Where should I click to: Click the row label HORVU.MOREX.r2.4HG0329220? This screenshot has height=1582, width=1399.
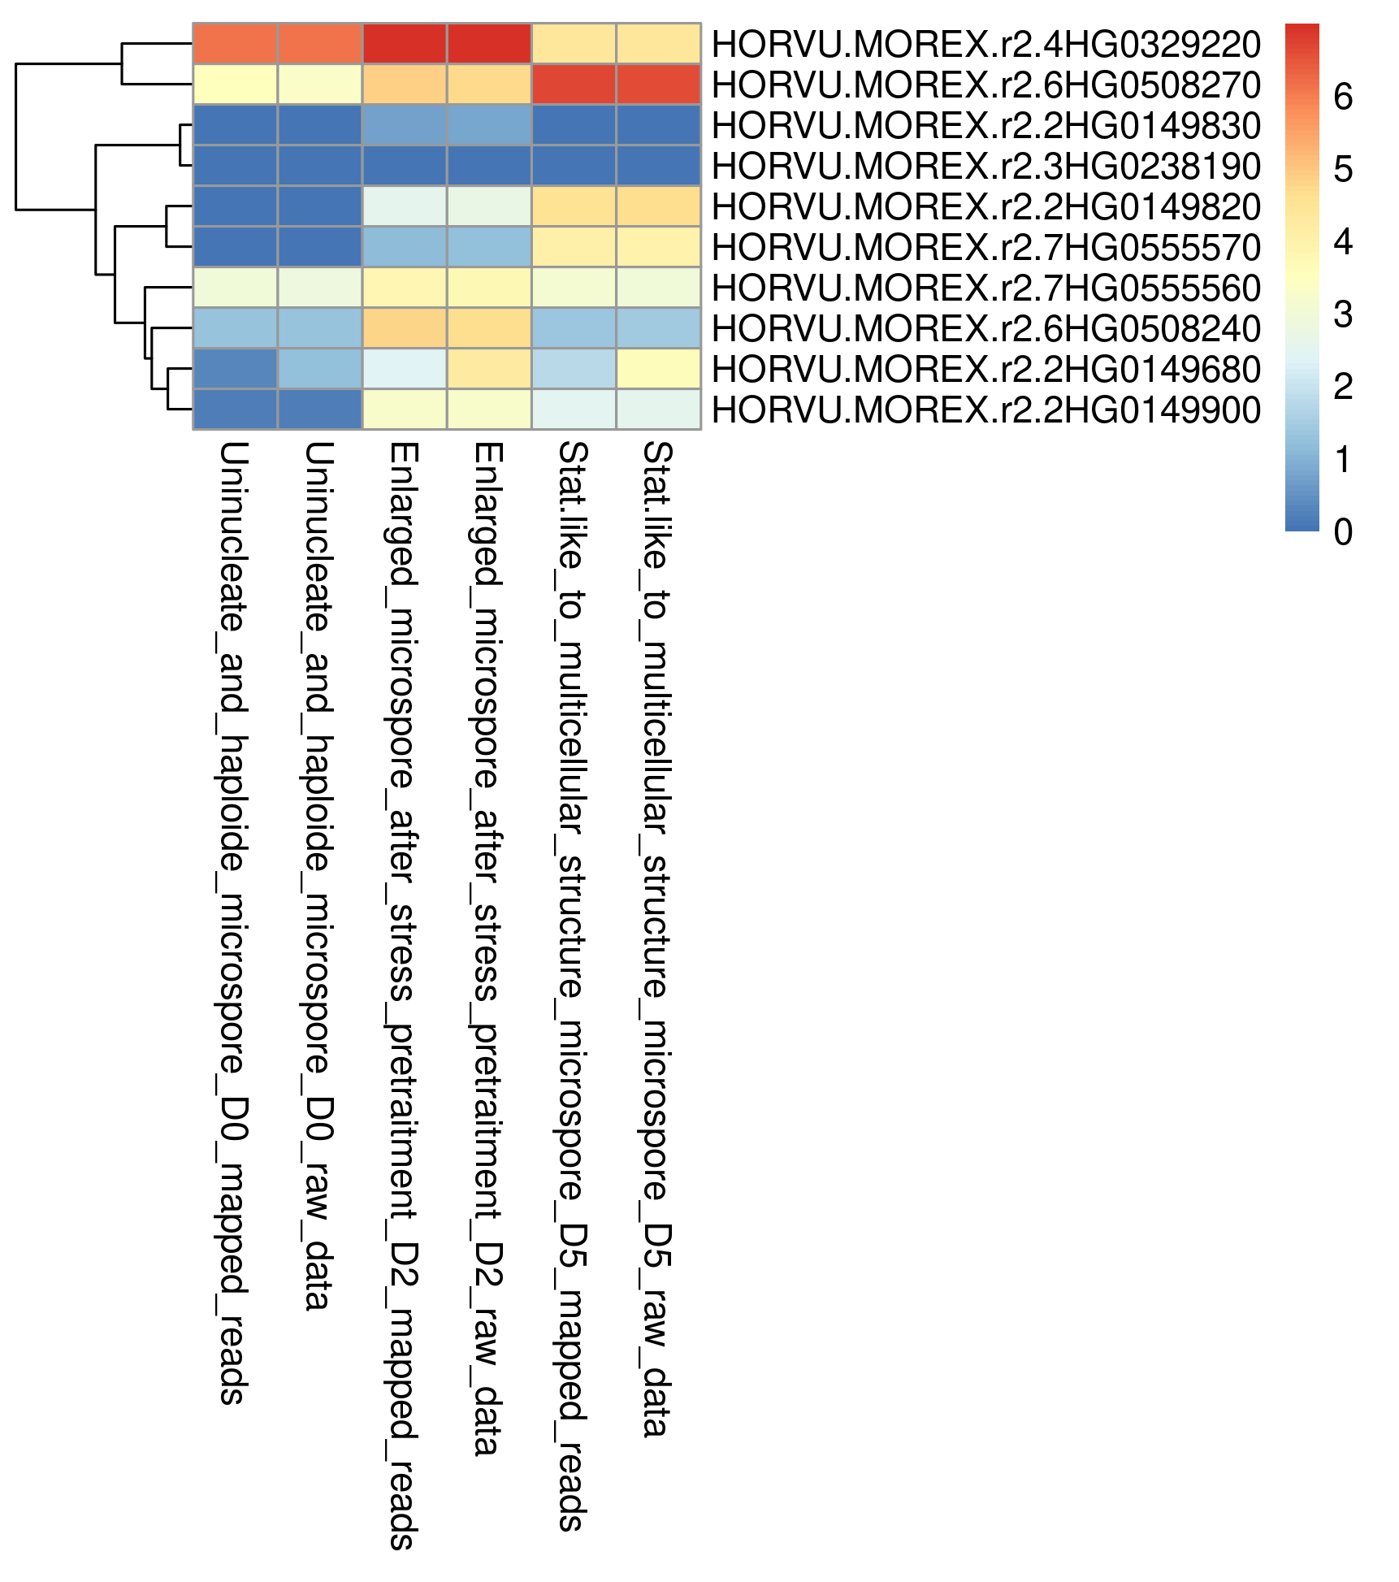[x=985, y=44]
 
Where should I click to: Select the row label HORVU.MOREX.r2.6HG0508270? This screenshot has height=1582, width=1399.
[x=985, y=85]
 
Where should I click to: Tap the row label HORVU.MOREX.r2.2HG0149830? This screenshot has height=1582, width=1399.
[x=985, y=125]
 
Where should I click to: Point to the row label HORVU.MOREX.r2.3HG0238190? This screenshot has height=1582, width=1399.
[x=985, y=166]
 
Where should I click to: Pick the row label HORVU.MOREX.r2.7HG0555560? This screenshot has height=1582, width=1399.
[x=985, y=288]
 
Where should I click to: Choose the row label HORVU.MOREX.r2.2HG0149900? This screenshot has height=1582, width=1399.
[x=985, y=410]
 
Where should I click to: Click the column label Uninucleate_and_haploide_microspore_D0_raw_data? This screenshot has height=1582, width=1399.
[x=318, y=877]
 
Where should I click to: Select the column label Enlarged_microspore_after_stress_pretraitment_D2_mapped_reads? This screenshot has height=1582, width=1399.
[x=403, y=996]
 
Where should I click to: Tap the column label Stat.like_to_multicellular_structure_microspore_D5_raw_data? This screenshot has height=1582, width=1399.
[x=656, y=939]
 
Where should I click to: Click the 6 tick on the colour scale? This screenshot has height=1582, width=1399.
[x=1343, y=98]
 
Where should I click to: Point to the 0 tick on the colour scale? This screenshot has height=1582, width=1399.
[x=1343, y=532]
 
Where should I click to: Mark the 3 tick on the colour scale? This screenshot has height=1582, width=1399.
[x=1343, y=314]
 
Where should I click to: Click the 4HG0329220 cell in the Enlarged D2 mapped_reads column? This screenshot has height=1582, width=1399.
[x=404, y=44]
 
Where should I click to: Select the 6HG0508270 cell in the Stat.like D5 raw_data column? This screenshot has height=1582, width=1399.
[x=658, y=85]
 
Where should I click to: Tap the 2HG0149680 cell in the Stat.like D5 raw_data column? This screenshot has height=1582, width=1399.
[x=658, y=369]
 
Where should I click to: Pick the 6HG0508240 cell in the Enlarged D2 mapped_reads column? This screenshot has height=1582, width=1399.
[x=404, y=328]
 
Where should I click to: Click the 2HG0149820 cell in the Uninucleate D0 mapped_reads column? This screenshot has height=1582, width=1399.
[x=235, y=206]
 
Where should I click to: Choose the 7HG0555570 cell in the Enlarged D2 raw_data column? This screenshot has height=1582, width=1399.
[x=489, y=247]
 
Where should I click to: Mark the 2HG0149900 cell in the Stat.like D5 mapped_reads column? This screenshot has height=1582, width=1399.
[x=574, y=410]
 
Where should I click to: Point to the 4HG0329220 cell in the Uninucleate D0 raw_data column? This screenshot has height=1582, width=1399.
[x=319, y=44]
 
